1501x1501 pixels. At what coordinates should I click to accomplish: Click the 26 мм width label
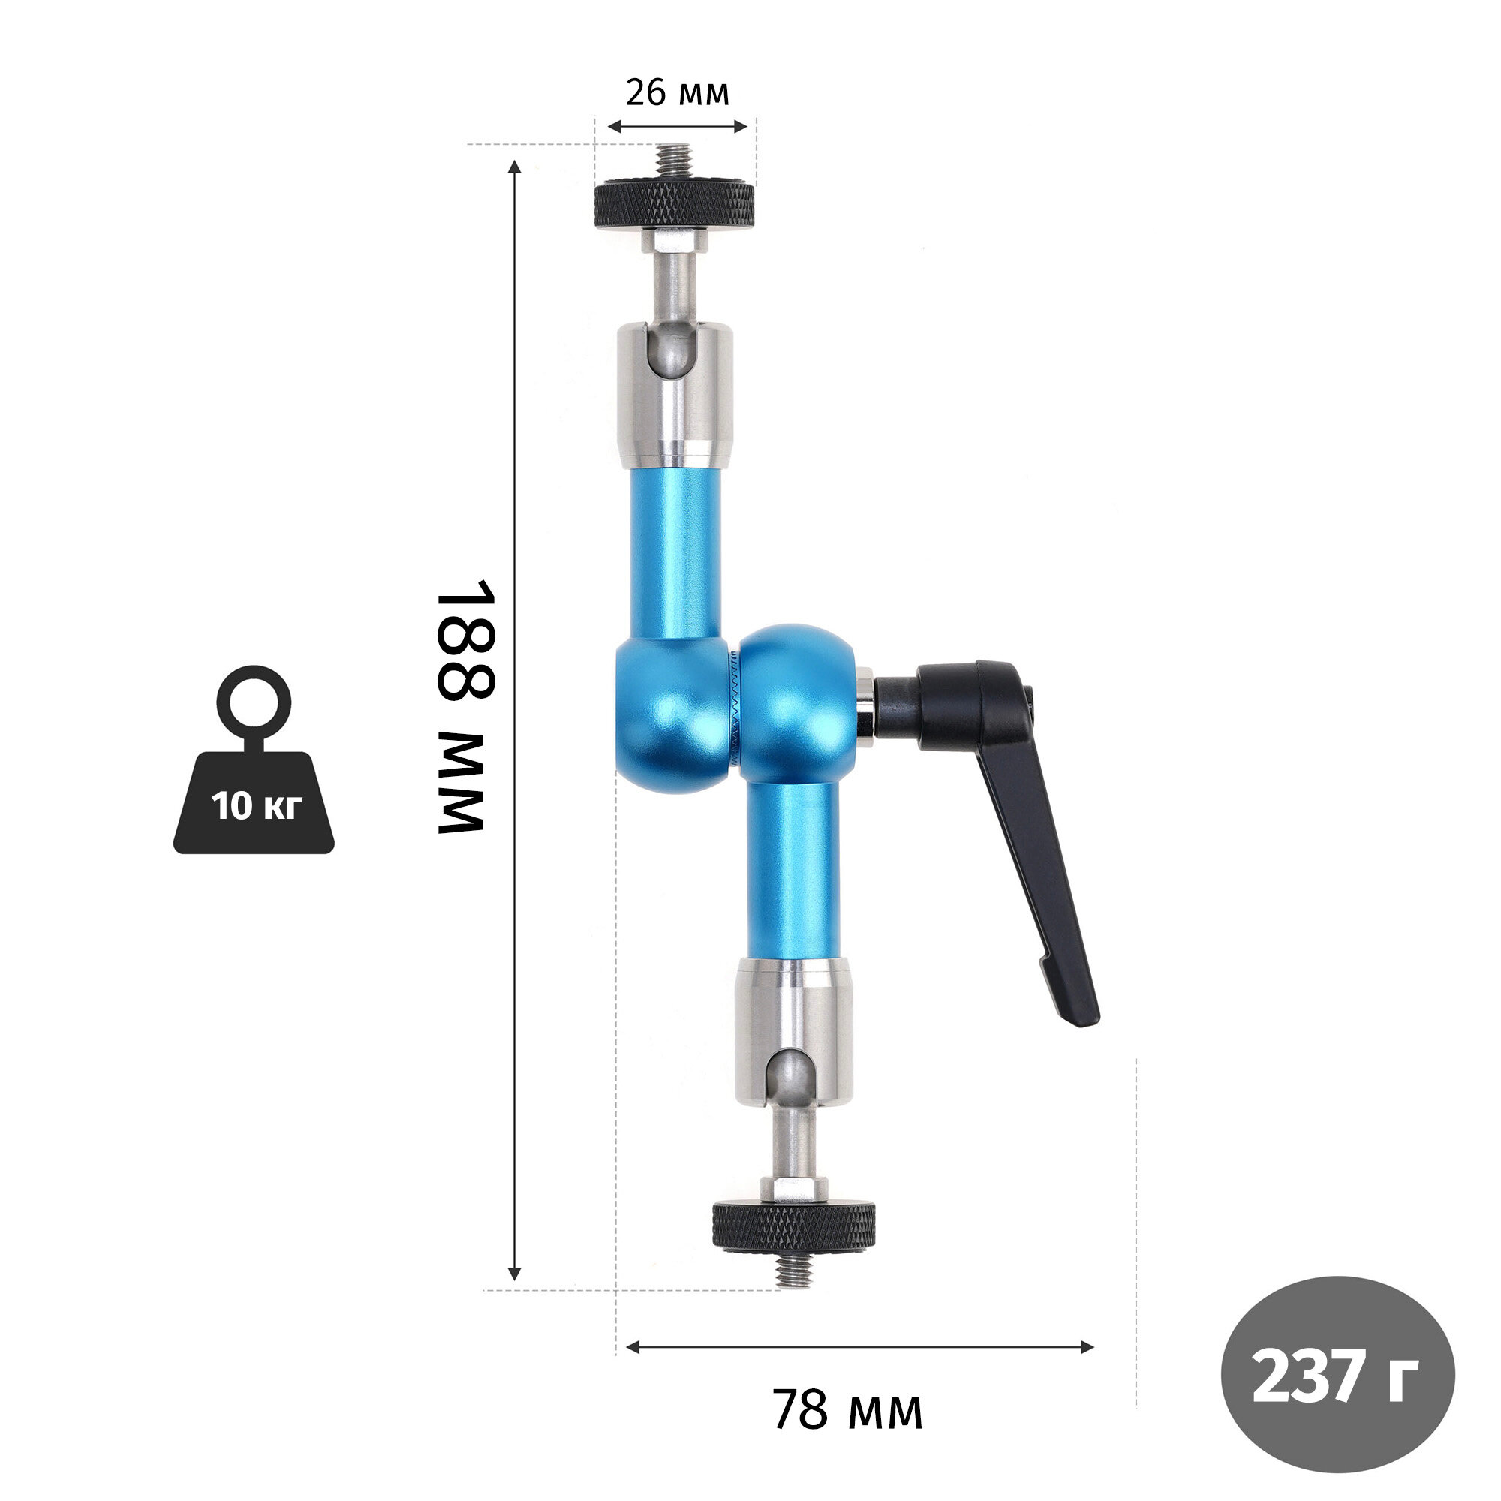click(x=678, y=92)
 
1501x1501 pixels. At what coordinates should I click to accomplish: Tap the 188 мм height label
click(x=464, y=706)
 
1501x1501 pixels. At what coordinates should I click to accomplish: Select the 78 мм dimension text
click(x=847, y=1410)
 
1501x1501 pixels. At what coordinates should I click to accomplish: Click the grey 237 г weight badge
click(x=1338, y=1375)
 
